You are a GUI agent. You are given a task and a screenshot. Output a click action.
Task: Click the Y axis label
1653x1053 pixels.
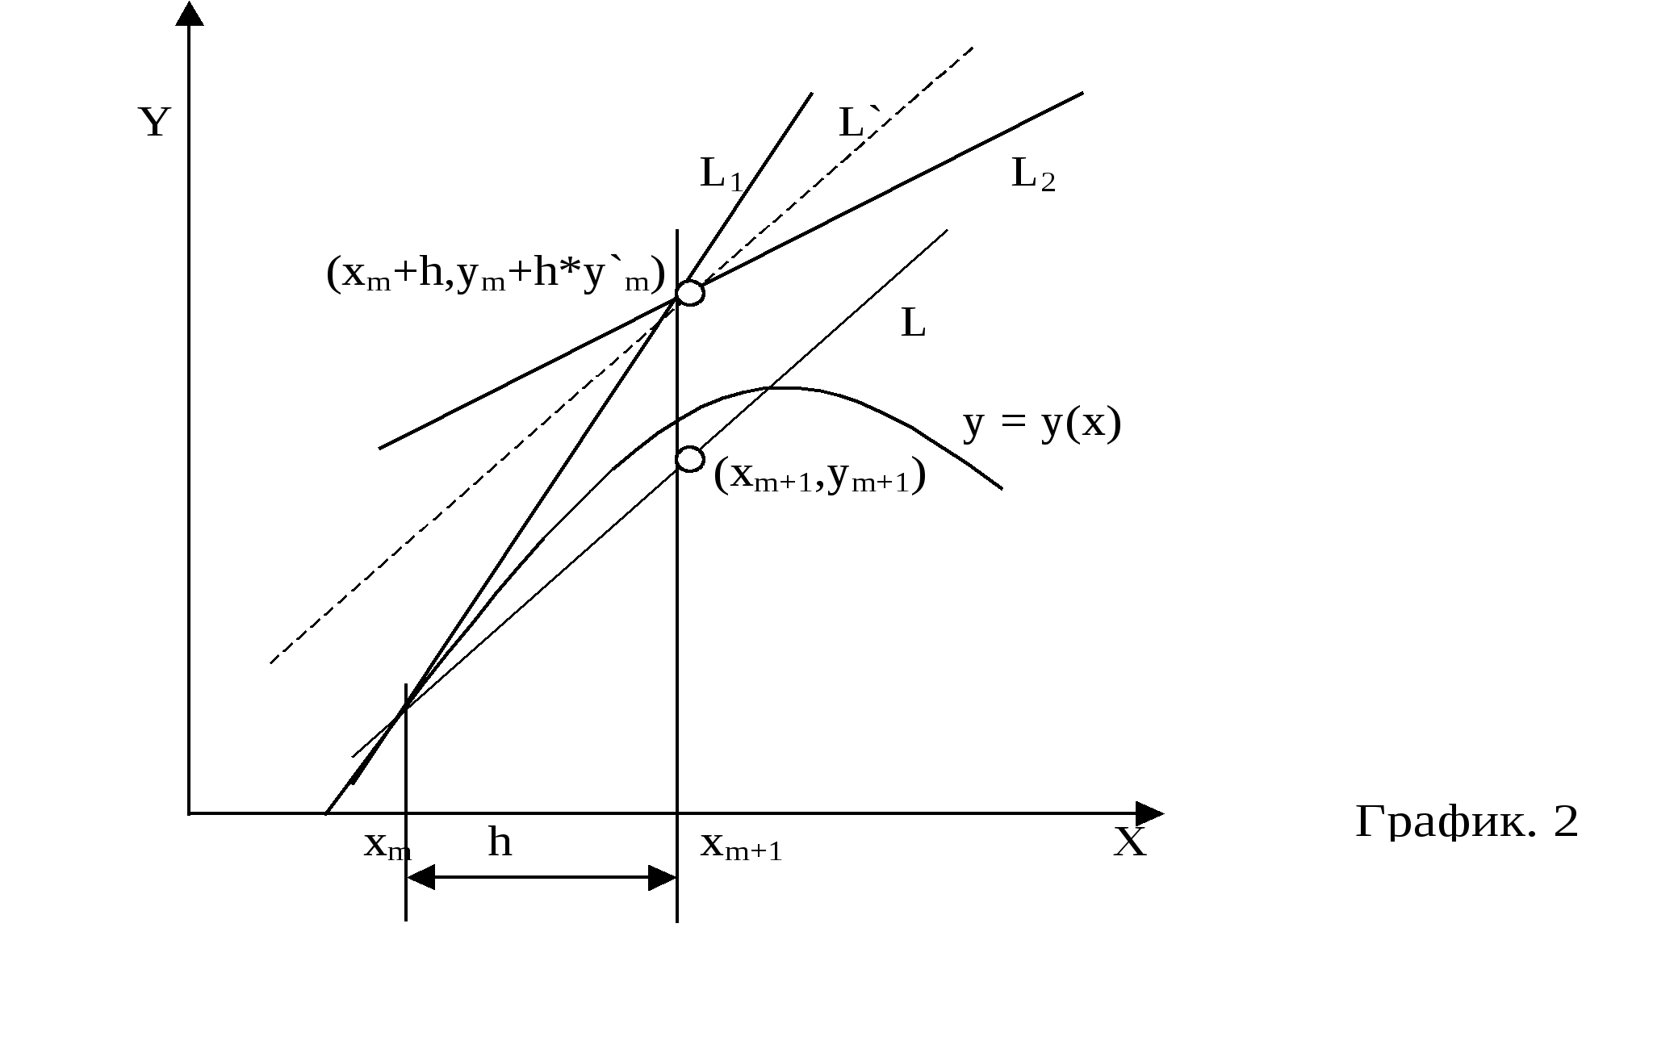click(x=155, y=123)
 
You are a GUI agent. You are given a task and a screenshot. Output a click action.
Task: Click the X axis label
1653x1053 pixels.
click(x=1130, y=842)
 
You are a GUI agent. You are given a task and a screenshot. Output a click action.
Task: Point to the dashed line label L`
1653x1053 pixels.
click(x=853, y=123)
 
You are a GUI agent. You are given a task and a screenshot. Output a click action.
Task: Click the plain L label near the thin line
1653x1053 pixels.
click(x=913, y=324)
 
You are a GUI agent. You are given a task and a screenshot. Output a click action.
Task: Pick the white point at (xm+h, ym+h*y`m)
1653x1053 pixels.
click(x=690, y=293)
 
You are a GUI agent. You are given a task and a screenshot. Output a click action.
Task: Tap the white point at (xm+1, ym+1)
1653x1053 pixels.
click(x=690, y=459)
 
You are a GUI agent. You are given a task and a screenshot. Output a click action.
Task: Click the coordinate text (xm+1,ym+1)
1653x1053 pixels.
click(x=820, y=476)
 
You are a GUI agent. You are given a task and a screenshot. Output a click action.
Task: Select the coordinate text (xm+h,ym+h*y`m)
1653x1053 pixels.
click(x=496, y=274)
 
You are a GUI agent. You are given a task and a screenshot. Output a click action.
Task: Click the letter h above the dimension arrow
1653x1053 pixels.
click(x=500, y=842)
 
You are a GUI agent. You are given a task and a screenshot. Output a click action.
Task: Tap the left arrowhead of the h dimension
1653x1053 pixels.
click(x=421, y=878)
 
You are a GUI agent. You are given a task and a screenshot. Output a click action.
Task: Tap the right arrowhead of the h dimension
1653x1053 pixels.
click(x=663, y=878)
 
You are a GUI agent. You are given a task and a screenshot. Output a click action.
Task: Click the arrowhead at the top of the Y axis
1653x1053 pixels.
click(x=190, y=14)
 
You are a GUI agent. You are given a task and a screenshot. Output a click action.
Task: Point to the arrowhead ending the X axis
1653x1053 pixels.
click(x=1149, y=813)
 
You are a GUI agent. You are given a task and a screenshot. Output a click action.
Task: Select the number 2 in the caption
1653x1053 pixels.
click(x=1565, y=822)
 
